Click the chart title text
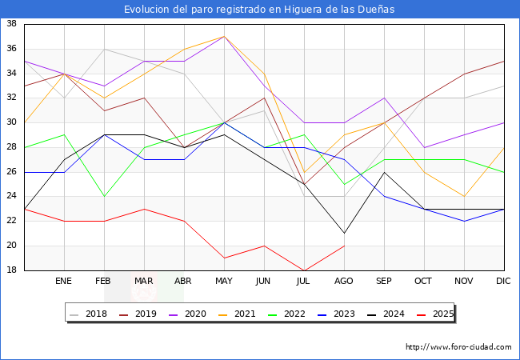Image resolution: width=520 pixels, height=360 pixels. [x=259, y=10]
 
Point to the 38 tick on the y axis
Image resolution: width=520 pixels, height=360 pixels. [x=12, y=24]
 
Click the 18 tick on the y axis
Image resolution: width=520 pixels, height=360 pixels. [x=12, y=270]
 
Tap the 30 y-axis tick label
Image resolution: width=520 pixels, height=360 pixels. [x=12, y=122]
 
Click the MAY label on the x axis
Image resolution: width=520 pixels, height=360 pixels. [x=224, y=282]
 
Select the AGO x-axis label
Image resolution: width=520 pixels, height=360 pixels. [x=344, y=282]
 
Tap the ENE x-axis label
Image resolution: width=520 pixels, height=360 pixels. [x=64, y=282]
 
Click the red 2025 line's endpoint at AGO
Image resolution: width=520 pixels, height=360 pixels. [x=344, y=246]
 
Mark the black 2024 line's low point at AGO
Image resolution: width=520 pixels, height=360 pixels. [x=344, y=234]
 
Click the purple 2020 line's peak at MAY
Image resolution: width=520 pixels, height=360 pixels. [x=224, y=36]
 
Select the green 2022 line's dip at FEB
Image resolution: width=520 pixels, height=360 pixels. [x=104, y=196]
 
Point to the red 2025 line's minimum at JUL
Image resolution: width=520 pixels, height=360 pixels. [x=304, y=270]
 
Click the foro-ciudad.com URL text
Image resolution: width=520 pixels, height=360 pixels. [x=458, y=347]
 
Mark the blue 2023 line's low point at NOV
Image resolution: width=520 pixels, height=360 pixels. [x=464, y=221]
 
